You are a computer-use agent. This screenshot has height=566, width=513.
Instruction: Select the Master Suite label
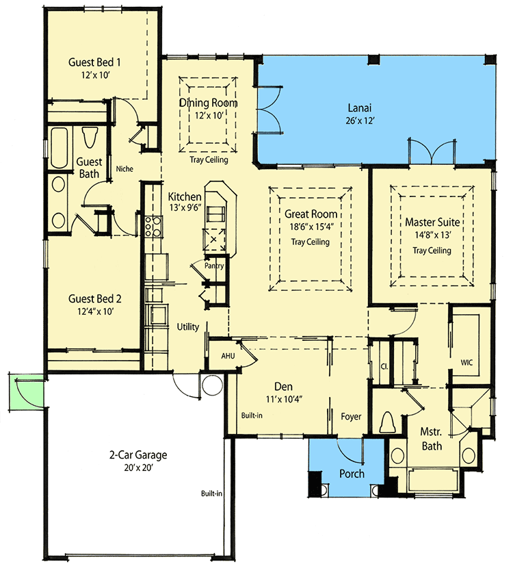pos(432,222)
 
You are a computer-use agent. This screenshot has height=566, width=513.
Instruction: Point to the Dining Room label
pos(209,103)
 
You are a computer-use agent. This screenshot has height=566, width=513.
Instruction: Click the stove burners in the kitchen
pos(152,227)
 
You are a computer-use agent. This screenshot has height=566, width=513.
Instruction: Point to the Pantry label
pos(213,266)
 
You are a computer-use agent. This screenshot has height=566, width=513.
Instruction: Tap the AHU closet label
pos(228,356)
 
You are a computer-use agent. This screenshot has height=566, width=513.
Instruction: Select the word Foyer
pos(351,416)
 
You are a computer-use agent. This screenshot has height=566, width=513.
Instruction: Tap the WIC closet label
pos(467,360)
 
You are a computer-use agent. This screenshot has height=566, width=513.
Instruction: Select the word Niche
pos(124,168)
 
